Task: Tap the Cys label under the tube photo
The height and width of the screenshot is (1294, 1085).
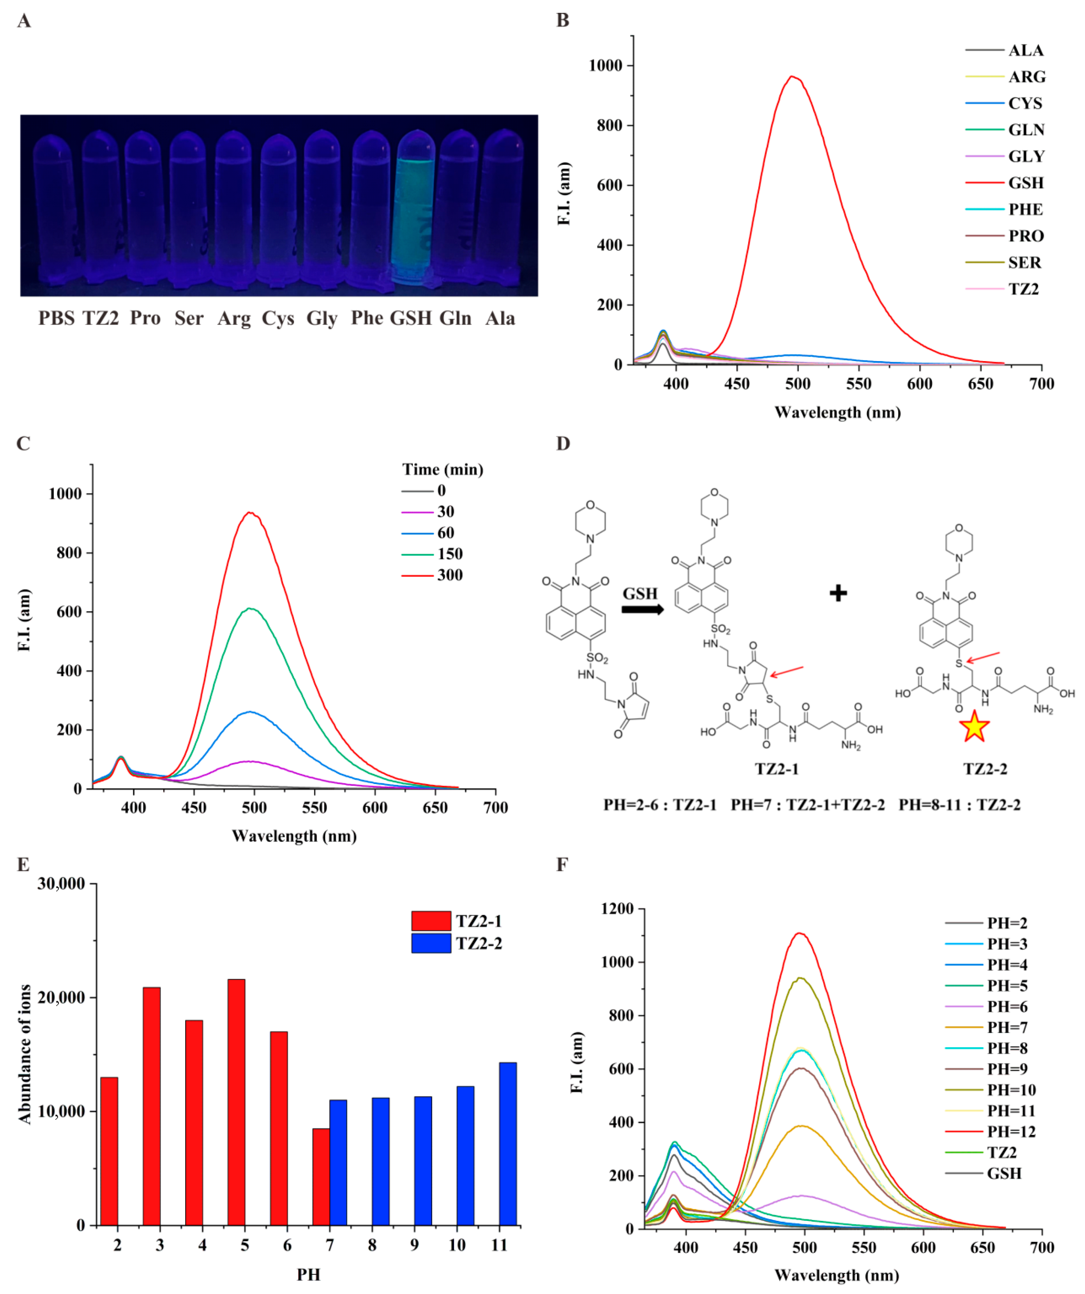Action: click(278, 319)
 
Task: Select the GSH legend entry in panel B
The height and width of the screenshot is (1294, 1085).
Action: click(1025, 183)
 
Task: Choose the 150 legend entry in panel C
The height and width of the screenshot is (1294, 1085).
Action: click(450, 554)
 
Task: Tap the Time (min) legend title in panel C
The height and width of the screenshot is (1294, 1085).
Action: click(442, 469)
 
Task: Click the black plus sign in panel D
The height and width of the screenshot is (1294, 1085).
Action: click(838, 594)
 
